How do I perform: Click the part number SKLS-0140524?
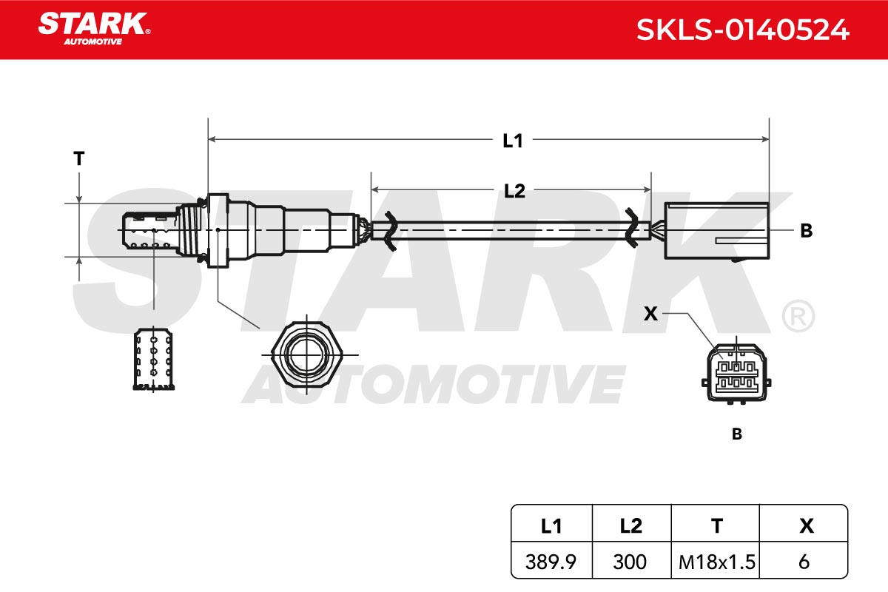(742, 30)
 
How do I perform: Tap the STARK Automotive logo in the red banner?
(95, 29)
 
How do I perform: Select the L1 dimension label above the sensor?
(513, 141)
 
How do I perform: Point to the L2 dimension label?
(514, 191)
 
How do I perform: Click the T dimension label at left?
(79, 158)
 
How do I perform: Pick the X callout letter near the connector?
(650, 314)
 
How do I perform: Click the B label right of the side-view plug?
(807, 231)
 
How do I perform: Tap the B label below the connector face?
(736, 434)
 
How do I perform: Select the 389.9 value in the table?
(551, 562)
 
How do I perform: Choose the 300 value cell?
(630, 562)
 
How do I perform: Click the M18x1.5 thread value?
(717, 562)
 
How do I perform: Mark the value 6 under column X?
(804, 562)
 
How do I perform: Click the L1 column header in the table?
(551, 526)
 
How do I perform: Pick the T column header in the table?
(717, 526)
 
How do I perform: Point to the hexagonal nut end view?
(307, 354)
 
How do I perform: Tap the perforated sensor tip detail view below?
(153, 359)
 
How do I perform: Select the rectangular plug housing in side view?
(717, 231)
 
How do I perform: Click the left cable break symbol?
(390, 231)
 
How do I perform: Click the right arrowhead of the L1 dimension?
(765, 139)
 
